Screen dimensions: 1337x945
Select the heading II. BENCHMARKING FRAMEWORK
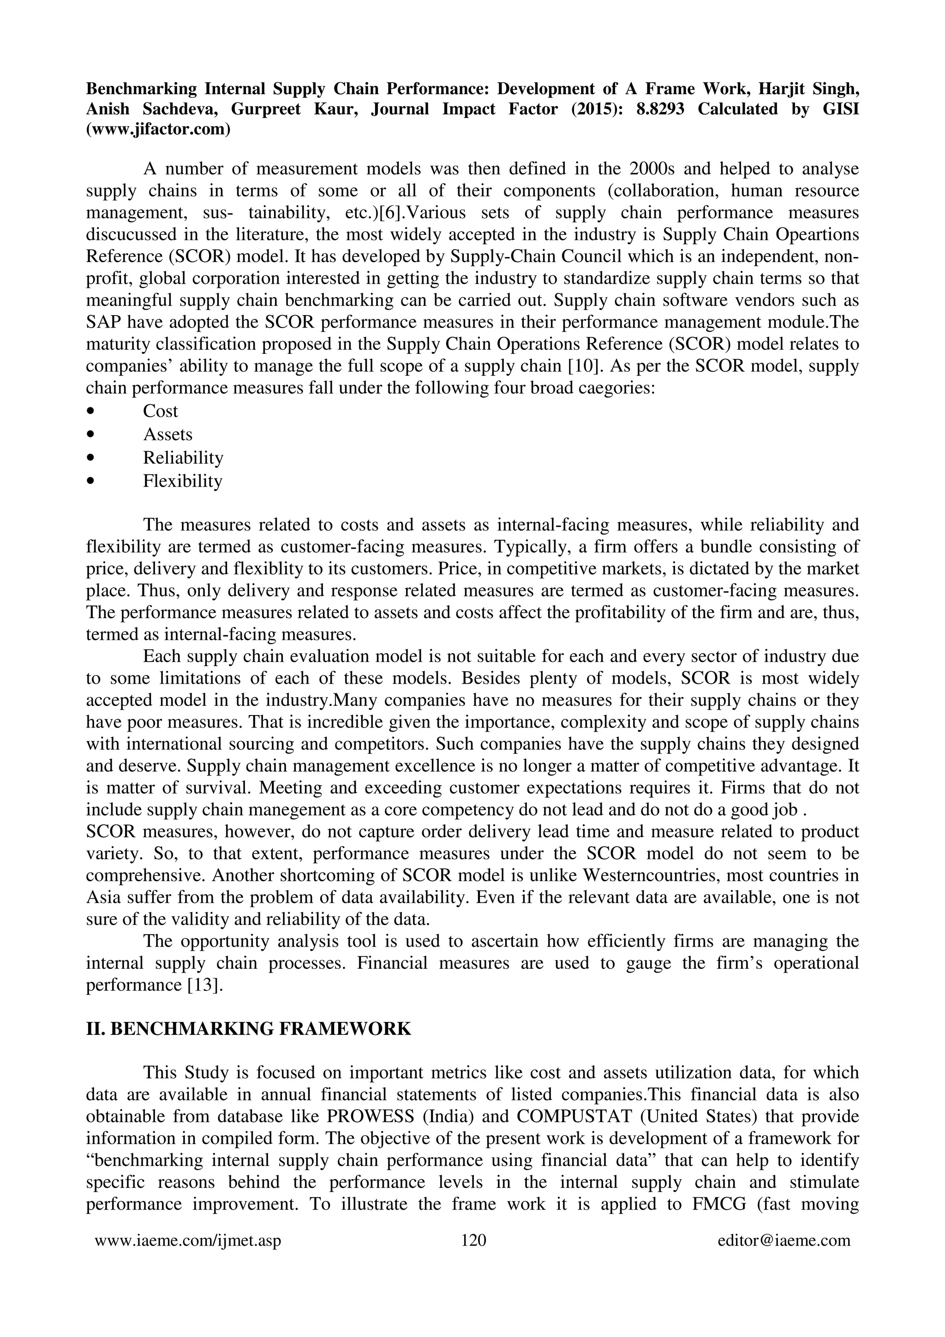[x=249, y=1029]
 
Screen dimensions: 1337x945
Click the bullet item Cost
[x=160, y=411]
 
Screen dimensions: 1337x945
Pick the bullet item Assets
[x=167, y=435]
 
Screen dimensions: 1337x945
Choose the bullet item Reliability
[x=183, y=458]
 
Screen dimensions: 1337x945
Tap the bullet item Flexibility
[x=183, y=481]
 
